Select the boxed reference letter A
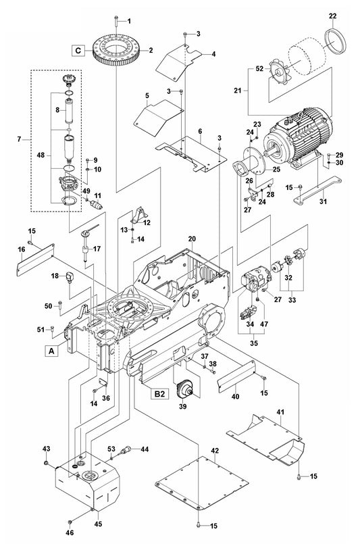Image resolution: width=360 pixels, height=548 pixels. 51,350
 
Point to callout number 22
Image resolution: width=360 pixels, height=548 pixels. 332,15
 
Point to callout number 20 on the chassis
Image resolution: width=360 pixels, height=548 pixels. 192,239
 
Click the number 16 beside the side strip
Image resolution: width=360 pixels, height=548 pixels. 21,249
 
